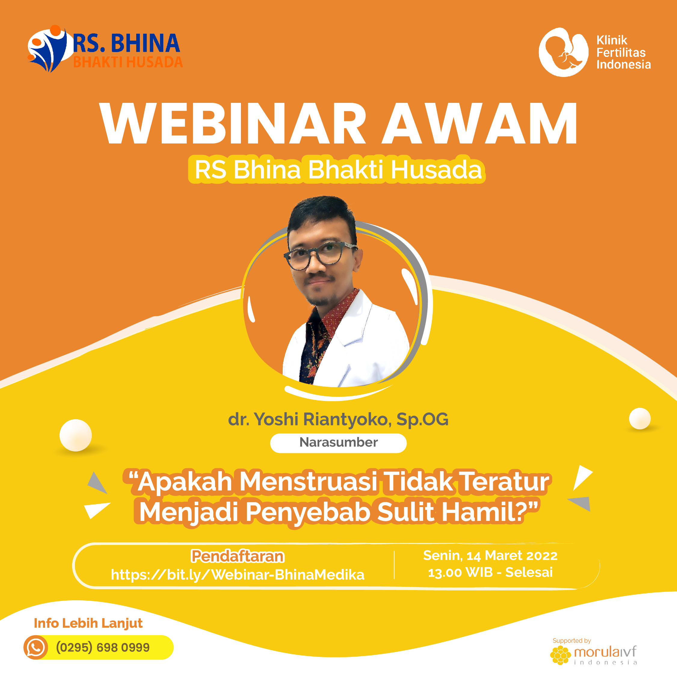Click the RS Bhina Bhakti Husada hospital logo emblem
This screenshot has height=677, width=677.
pos(47,48)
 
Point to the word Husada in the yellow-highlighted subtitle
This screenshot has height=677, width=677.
pos(436,170)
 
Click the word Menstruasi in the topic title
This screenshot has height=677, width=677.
pos(308,482)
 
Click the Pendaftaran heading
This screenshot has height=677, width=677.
pos(238,556)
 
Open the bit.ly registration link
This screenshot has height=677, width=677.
pos(238,575)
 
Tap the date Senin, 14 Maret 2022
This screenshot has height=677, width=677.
pos(490,556)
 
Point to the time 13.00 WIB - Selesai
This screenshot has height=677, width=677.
pos(490,573)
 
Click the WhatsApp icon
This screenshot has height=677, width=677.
pos(36,648)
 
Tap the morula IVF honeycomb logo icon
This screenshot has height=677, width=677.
pos(561,655)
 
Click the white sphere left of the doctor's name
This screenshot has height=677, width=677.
pos(76,435)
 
